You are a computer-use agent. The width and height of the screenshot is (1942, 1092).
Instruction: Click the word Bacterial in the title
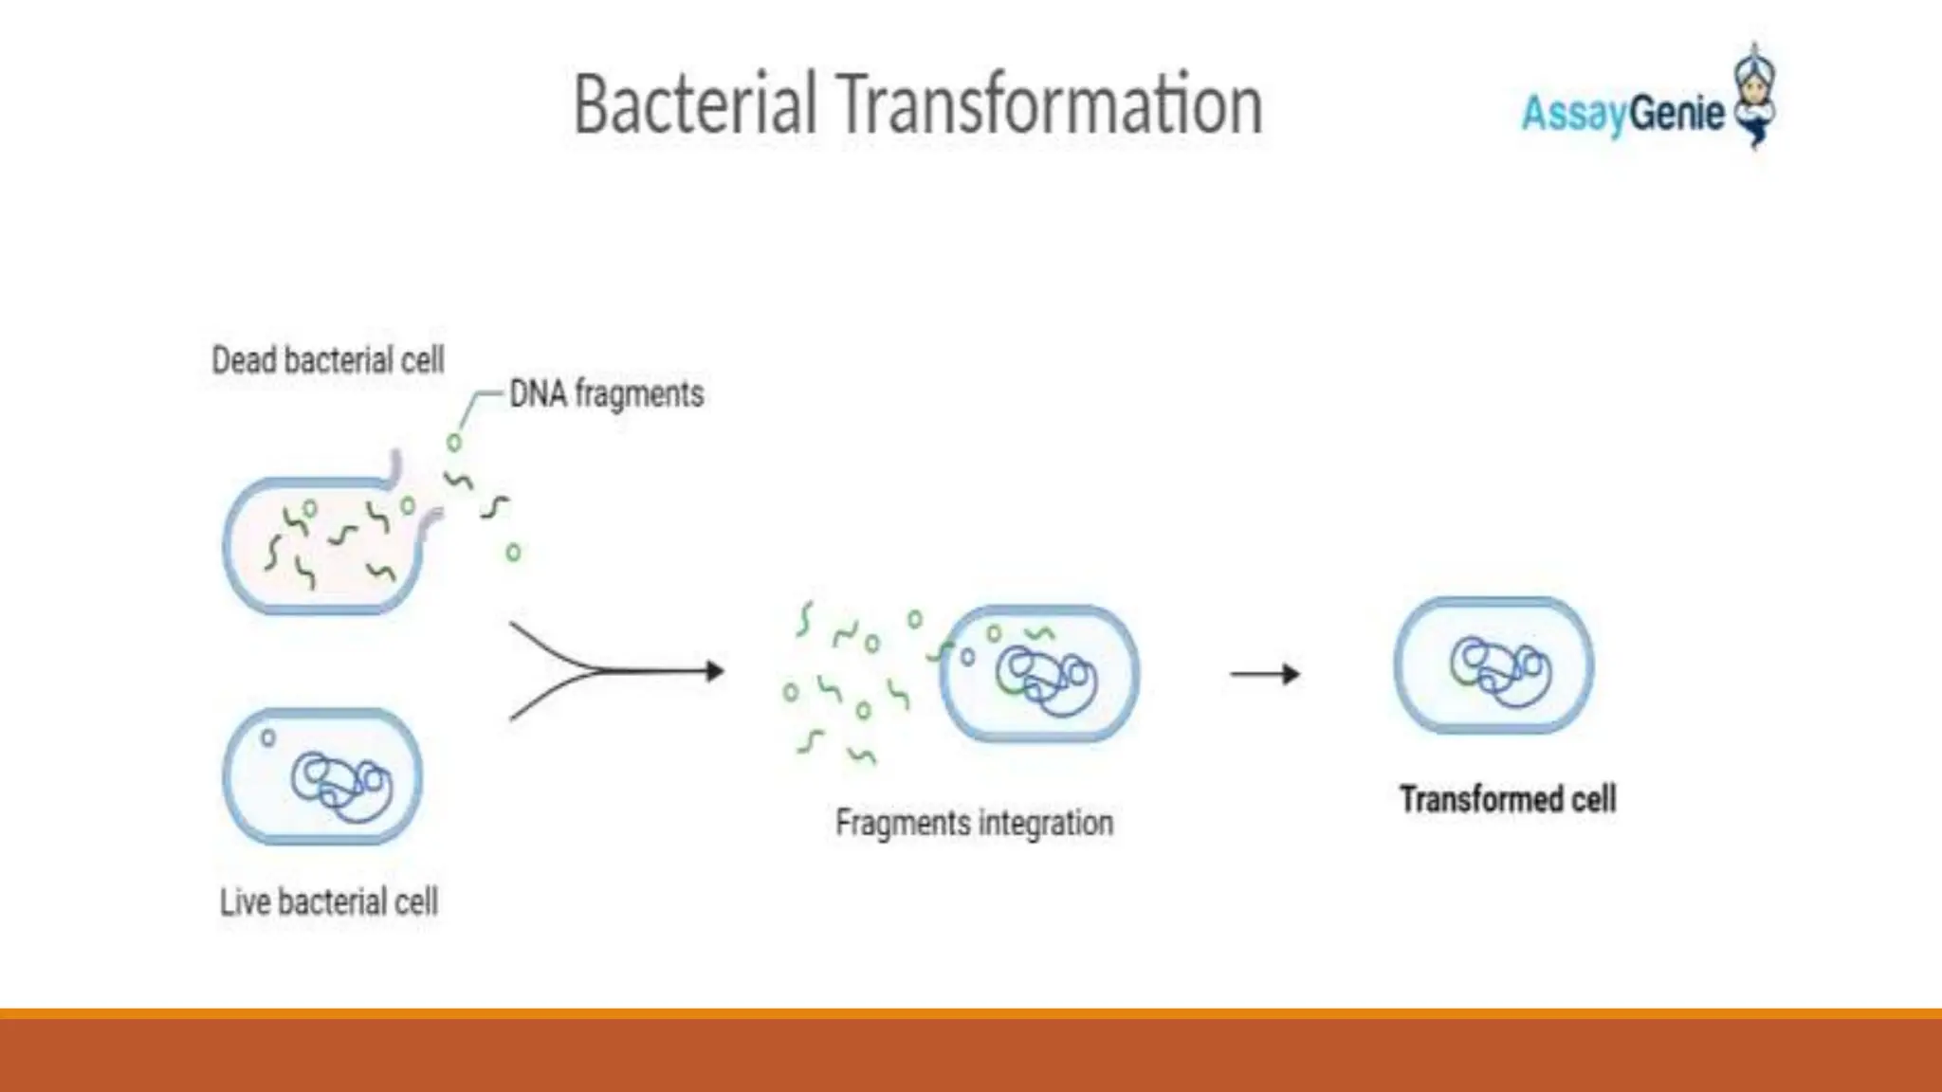[x=694, y=104]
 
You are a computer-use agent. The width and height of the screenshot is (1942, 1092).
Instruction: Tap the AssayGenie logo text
[x=1622, y=114]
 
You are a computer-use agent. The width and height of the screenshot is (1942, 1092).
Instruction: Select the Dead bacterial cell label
[x=327, y=360]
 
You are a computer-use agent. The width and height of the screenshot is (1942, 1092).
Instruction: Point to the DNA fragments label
[x=607, y=393]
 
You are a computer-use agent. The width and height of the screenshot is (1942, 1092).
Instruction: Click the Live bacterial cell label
[x=328, y=901]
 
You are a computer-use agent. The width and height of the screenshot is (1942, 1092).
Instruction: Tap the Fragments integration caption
[x=974, y=823]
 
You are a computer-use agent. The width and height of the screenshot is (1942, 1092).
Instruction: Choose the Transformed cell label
[x=1508, y=799]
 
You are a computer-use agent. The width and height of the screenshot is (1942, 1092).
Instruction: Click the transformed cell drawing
[x=1493, y=665]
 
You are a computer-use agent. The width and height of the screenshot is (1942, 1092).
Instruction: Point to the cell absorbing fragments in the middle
[x=1040, y=673]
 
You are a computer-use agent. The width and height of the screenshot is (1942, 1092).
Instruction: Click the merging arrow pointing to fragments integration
[x=616, y=671]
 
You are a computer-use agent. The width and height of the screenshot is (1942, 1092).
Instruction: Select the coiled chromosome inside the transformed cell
[x=1500, y=671]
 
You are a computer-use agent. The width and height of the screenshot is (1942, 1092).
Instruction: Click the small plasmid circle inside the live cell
[x=268, y=737]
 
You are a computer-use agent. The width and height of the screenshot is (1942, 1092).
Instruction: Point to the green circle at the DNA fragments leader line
[x=454, y=443]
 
